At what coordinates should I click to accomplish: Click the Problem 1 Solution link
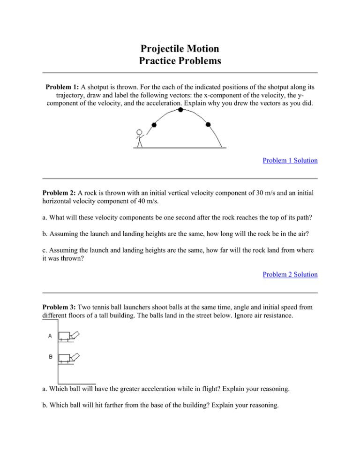point(290,160)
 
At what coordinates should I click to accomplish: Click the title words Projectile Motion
point(180,48)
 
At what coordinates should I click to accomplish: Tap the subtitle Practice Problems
point(180,60)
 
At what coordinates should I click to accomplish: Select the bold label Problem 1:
point(62,87)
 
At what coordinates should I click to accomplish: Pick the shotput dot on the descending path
point(209,125)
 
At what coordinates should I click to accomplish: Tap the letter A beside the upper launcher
point(50,336)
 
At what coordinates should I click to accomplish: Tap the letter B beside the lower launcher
point(50,357)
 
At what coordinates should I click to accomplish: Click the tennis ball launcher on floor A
point(68,336)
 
